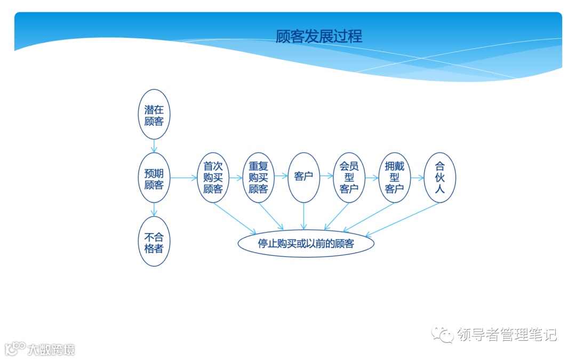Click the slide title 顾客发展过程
tap(319, 36)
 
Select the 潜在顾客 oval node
tap(154, 114)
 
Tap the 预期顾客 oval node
tap(154, 178)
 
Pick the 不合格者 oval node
tap(154, 242)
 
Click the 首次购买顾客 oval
tap(213, 178)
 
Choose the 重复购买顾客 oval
tap(258, 178)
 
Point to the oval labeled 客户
tap(303, 178)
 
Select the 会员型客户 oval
tap(349, 178)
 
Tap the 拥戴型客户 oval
tap(395, 178)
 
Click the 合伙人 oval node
tap(440, 178)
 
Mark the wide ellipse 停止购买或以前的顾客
tap(306, 243)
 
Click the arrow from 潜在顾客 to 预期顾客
tap(154, 146)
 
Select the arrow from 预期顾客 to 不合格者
tap(154, 210)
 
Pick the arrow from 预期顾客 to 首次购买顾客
tap(183, 178)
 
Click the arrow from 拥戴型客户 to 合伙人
tap(417, 178)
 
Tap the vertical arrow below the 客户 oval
tap(303, 216)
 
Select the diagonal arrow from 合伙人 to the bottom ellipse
tap(403, 219)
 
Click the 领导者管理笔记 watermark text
tap(507, 334)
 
